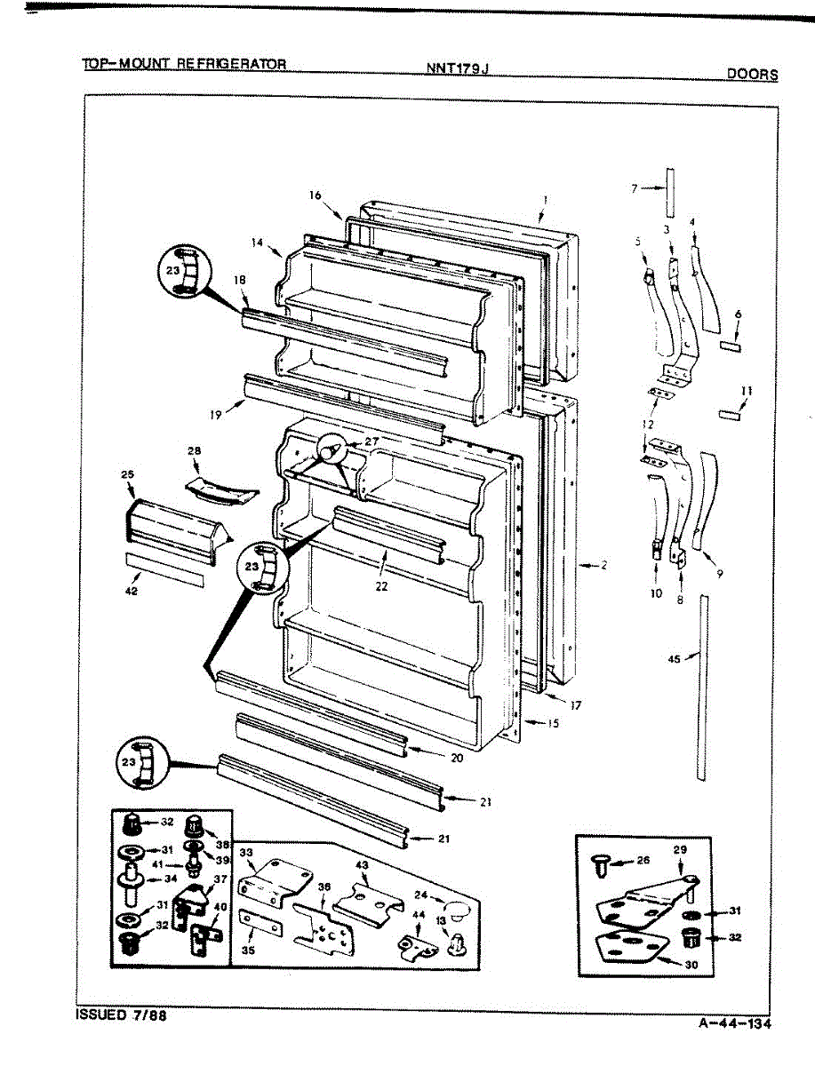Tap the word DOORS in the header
pyautogui.click(x=752, y=75)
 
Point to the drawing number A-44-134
pyautogui.click(x=734, y=1023)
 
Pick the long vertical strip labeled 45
pyautogui.click(x=703, y=688)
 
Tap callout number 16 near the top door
pyautogui.click(x=315, y=195)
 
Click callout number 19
pyautogui.click(x=216, y=413)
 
